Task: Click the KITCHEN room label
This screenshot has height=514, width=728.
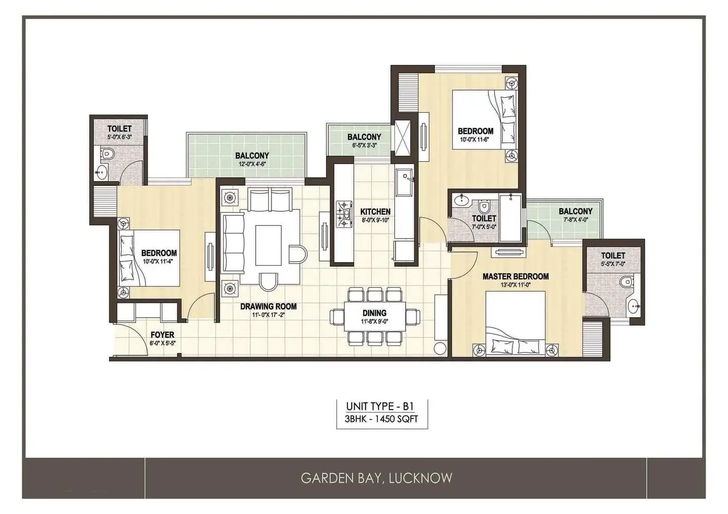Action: click(x=375, y=212)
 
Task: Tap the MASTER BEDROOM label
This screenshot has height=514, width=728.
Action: click(x=516, y=277)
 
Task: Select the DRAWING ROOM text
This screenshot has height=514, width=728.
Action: click(x=268, y=306)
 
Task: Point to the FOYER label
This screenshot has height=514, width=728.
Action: click(x=162, y=335)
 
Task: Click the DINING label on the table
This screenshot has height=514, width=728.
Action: click(x=374, y=313)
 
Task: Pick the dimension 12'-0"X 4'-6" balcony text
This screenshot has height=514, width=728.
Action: click(x=252, y=164)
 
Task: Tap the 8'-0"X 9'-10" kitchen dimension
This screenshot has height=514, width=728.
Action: click(x=375, y=220)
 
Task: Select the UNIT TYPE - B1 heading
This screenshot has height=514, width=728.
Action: click(x=381, y=406)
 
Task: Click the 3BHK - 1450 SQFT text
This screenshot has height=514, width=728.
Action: click(x=381, y=419)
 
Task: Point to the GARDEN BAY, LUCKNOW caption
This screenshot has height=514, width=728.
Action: click(x=376, y=478)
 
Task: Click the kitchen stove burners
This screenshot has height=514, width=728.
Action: click(x=344, y=213)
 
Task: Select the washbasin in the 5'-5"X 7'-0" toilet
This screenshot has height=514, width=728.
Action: click(x=634, y=306)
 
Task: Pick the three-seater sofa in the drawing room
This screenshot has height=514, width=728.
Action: click(x=233, y=243)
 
